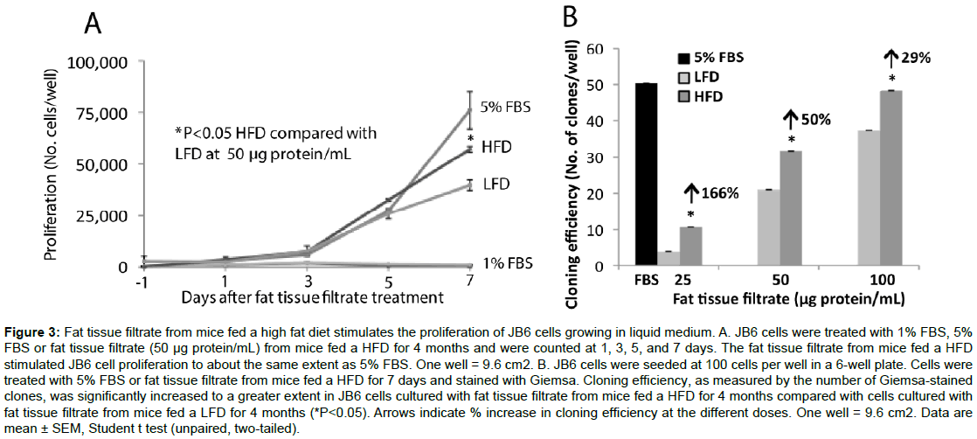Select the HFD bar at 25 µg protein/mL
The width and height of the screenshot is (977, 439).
(690, 246)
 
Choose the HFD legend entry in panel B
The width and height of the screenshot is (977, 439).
(704, 94)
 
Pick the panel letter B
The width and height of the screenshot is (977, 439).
(569, 17)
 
